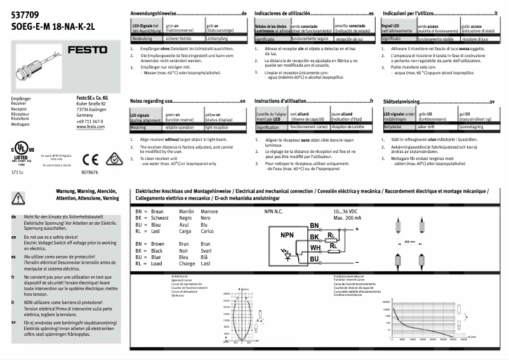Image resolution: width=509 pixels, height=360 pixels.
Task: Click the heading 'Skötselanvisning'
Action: click(x=403, y=101)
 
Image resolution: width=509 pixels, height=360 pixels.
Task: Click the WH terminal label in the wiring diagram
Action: click(x=314, y=248)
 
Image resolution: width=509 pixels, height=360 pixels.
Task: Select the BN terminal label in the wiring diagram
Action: click(x=314, y=225)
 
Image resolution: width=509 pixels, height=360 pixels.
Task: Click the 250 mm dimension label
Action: click(x=410, y=242)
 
